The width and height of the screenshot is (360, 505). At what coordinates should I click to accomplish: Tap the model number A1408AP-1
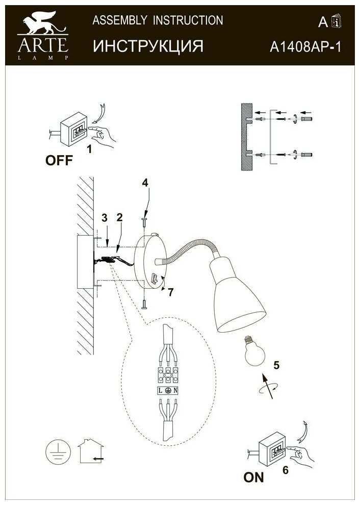click(x=304, y=47)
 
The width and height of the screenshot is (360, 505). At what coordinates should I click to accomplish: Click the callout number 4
click(x=145, y=182)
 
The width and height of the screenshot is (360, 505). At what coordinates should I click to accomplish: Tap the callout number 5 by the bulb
click(x=276, y=365)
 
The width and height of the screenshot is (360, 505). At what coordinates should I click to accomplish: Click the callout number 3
click(x=104, y=218)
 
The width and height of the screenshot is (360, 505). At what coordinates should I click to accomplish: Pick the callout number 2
click(x=119, y=218)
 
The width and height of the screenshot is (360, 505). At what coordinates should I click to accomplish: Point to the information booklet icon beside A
click(x=336, y=21)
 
